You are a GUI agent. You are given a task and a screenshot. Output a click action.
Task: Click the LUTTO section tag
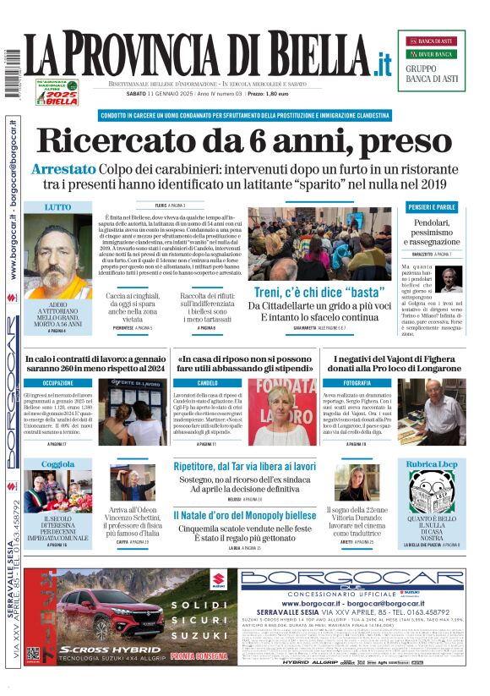pos(57,206)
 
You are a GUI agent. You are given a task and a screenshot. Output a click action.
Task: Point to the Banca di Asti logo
pos(431,41)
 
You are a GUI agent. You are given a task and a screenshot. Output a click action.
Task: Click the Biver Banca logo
pos(431,54)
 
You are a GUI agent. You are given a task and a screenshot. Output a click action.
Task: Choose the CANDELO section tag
pos(208,383)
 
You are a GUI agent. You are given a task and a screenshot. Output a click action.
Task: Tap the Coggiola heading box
pos(57,464)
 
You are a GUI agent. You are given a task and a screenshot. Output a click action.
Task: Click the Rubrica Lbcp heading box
pos(431,464)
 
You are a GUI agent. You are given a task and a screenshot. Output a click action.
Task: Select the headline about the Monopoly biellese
pos(244,515)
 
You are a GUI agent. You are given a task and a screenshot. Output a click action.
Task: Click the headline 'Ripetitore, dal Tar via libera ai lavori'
pos(244,466)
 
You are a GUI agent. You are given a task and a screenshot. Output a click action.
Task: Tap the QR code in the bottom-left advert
pos(33,655)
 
